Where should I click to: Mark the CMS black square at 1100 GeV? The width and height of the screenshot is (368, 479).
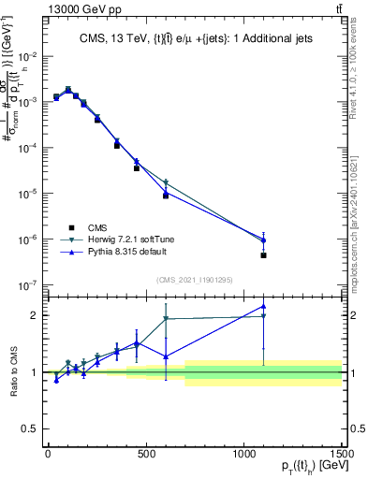(264, 255)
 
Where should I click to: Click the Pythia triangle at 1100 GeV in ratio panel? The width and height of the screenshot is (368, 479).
(264, 307)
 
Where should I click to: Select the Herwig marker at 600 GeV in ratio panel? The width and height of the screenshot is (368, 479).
(166, 319)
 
